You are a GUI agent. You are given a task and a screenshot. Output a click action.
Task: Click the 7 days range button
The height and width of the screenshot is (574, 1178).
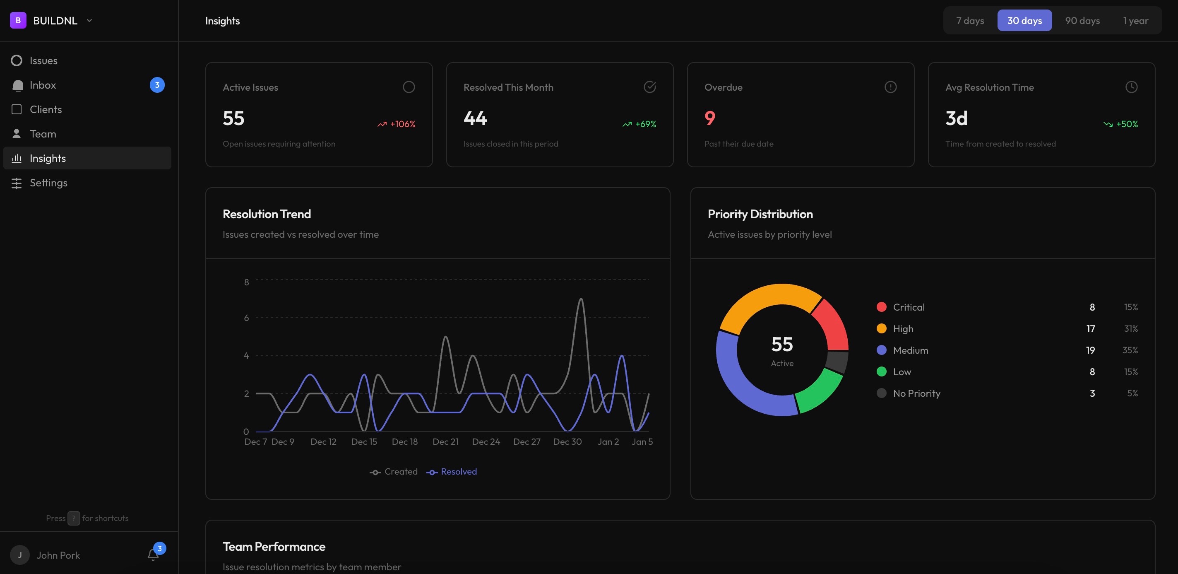point(969,21)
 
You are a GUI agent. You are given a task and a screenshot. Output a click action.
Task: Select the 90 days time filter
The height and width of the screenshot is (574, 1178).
point(1082,21)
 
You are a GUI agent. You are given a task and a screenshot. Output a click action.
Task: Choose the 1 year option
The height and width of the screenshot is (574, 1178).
point(1135,21)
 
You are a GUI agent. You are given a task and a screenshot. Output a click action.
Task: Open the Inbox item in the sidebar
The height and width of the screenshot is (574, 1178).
point(43,85)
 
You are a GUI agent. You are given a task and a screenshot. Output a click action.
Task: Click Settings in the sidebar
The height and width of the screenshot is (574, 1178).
point(48,183)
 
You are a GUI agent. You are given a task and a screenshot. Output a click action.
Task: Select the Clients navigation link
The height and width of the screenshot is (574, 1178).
point(45,109)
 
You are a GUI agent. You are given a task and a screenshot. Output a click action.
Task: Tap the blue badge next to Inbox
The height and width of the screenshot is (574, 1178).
point(157,85)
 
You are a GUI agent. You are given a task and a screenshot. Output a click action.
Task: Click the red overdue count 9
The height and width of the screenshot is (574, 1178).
point(710,118)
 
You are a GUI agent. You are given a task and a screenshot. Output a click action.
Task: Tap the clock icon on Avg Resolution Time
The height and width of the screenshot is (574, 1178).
point(1131,87)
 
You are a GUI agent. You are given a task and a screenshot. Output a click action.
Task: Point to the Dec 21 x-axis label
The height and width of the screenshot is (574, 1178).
point(445,442)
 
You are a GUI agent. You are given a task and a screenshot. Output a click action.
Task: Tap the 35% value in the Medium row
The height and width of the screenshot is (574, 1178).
point(1130,350)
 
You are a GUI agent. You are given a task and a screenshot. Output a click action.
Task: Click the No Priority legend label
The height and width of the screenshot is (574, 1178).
point(916,393)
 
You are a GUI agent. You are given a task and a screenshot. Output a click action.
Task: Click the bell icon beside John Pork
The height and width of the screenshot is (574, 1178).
point(153,555)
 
